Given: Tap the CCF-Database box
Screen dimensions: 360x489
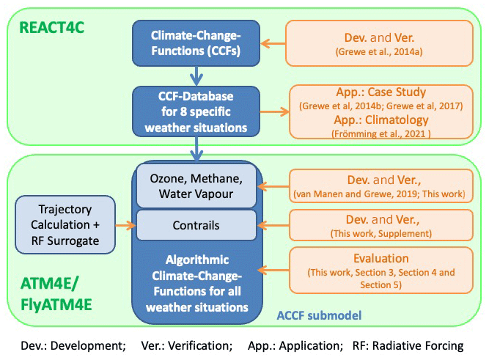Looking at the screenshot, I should pos(195,111).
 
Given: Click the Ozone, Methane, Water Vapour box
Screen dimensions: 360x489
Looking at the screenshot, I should pos(195,186).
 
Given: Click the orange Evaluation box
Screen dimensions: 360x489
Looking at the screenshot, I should pos(381,271).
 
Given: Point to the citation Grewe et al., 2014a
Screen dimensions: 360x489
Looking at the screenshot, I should pos(381,52).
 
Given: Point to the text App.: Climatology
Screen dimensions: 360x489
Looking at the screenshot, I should pos(381,120).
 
